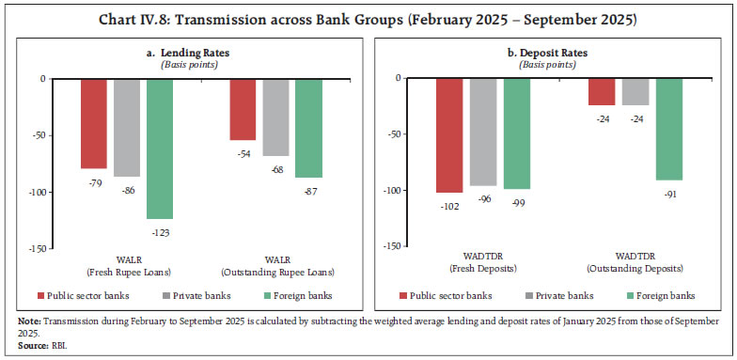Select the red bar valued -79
[93, 123]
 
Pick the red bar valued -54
[243, 109]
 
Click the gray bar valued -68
[275, 117]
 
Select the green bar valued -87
[308, 127]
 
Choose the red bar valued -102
[449, 135]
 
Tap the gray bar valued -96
[482, 132]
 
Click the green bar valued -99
[516, 133]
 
